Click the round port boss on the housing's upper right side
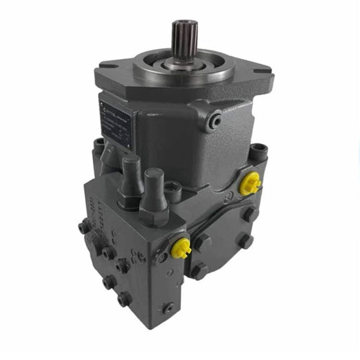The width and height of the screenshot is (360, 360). [x=214, y=122]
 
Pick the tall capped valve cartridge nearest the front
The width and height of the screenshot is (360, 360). [x=154, y=189]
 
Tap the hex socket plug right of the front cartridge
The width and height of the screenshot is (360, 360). [x=172, y=190]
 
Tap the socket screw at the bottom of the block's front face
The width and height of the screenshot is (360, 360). [x=167, y=309]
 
